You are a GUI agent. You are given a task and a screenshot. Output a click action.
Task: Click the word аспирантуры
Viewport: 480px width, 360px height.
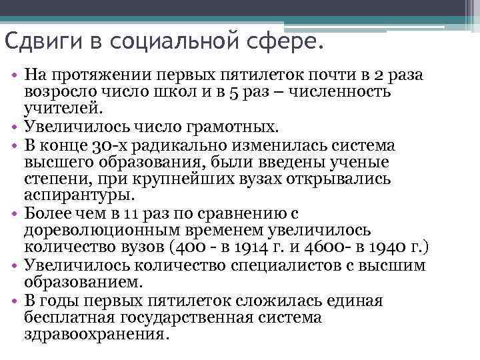(79, 196)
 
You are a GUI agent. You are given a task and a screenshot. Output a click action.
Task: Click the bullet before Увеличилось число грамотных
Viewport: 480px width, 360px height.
(14, 126)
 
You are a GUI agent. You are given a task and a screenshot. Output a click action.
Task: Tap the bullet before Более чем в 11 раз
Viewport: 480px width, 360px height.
(14, 213)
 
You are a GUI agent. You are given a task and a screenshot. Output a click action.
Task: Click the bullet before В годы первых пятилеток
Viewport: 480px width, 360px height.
(14, 301)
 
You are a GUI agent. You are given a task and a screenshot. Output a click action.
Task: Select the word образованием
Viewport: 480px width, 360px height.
(82, 283)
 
